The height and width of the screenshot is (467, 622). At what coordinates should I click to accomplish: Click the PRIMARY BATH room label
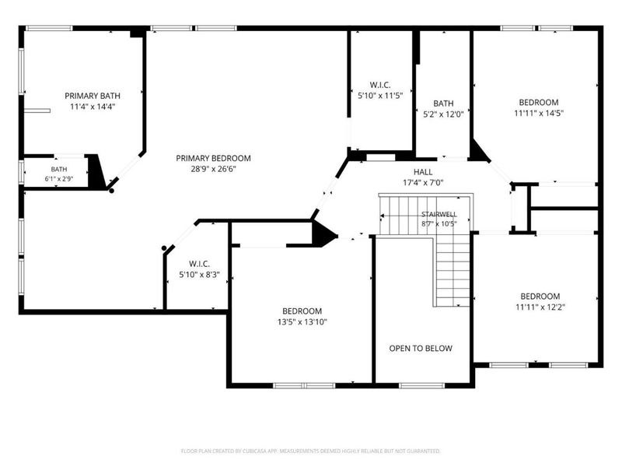click(x=93, y=96)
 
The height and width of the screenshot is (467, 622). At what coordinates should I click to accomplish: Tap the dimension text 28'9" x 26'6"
click(x=213, y=169)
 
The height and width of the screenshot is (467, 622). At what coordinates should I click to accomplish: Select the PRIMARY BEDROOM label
click(x=213, y=158)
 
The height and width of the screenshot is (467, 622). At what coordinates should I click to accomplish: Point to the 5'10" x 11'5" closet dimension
click(x=380, y=95)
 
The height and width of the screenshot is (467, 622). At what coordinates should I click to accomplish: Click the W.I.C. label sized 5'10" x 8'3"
click(x=200, y=264)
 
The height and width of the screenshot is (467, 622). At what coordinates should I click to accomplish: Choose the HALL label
click(x=423, y=172)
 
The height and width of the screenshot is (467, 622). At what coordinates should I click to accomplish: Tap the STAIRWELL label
click(x=439, y=214)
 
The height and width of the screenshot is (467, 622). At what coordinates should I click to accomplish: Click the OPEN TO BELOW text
click(x=421, y=348)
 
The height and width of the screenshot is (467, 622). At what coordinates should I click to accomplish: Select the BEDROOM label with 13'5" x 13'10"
click(x=302, y=311)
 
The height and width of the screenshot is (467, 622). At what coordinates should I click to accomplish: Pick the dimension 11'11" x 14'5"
click(x=539, y=113)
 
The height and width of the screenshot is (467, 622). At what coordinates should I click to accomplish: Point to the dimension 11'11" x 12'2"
click(x=540, y=307)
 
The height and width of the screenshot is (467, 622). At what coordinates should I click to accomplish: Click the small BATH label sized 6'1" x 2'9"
click(x=59, y=169)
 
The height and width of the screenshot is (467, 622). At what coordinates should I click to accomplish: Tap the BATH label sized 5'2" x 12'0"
click(x=443, y=104)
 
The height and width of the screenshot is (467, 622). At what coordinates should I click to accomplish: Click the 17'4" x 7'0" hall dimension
click(x=423, y=183)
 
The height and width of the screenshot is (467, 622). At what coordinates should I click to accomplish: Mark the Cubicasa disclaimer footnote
click(x=310, y=451)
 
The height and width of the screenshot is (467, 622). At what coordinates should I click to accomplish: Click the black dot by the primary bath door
click(x=112, y=191)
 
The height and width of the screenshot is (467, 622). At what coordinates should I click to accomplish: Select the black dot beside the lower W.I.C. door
click(x=164, y=248)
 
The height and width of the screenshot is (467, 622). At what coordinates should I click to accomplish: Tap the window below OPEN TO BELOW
click(x=421, y=385)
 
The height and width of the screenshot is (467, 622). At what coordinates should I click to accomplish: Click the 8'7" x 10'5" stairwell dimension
click(x=439, y=223)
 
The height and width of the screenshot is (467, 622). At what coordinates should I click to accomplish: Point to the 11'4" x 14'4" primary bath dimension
click(x=93, y=107)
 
